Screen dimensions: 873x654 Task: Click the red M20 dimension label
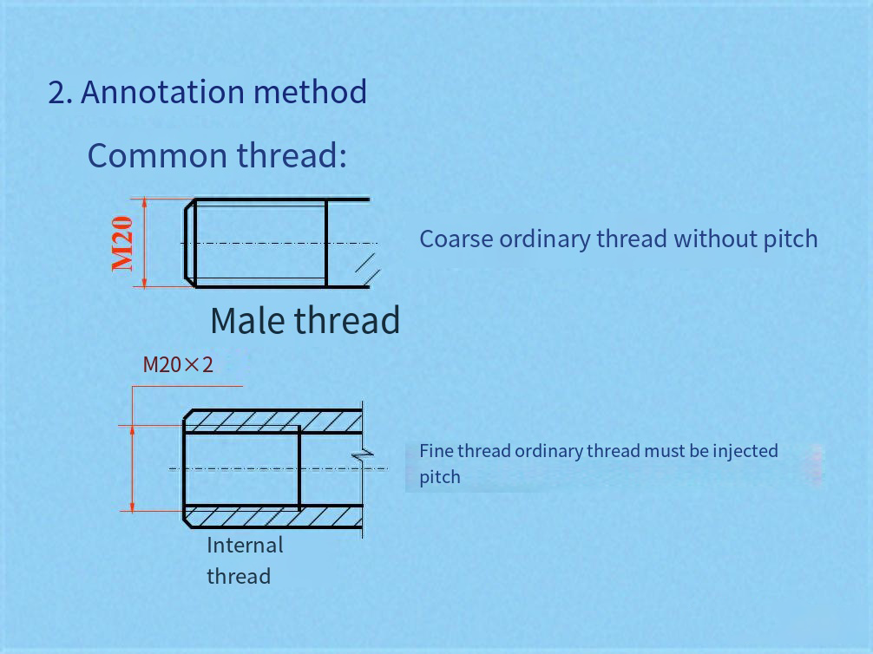coord(122,244)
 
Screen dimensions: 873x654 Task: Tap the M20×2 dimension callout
coord(178,364)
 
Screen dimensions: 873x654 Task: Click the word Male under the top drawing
coord(248,320)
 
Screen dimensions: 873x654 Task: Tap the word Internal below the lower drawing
coord(245,545)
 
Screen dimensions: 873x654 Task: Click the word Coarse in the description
coord(456,239)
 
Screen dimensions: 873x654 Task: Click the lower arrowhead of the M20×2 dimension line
coord(132,506)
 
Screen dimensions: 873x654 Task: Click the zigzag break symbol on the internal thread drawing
coord(363,455)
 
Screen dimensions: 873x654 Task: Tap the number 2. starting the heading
coord(60,93)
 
